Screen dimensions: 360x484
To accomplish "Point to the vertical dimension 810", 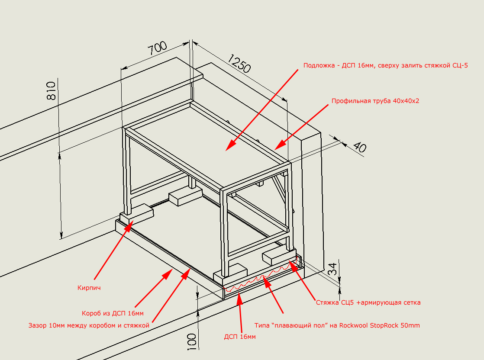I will pos(51,90).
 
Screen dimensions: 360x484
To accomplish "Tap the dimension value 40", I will pos(359,147).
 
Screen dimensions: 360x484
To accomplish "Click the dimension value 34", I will pos(332,269).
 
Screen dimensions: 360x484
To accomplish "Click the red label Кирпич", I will pos(89,287).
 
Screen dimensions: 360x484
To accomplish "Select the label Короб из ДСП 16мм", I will pos(113,313).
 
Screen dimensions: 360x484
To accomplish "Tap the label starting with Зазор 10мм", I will pos(89,325).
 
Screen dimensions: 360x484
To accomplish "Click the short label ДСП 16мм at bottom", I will pos(239,337).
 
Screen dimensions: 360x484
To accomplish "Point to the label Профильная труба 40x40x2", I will pos(375,101).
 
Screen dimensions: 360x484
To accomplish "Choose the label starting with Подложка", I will pos(385,66).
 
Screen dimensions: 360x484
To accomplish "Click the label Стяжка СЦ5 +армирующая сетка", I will pos(368,302).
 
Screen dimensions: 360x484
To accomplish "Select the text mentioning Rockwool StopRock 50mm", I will pos(337,325).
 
